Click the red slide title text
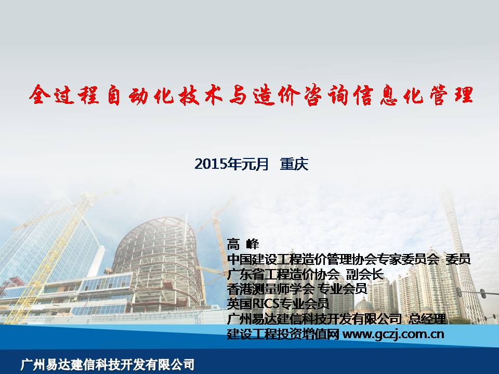(x=251, y=95)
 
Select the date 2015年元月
(x=232, y=164)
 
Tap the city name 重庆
(x=294, y=164)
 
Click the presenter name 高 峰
(x=243, y=244)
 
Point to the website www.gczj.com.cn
(x=393, y=334)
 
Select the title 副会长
(x=365, y=274)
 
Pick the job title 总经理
(x=427, y=318)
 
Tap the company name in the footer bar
(x=107, y=365)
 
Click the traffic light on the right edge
(x=482, y=293)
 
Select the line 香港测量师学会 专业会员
(x=297, y=289)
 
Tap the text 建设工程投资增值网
(x=283, y=334)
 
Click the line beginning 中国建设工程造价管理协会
(x=349, y=260)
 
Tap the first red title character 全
(x=40, y=95)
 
